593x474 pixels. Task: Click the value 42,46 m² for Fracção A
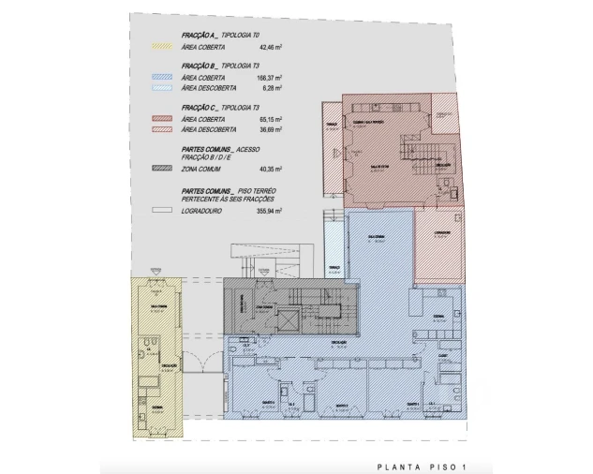270,43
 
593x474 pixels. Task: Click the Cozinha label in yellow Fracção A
157,408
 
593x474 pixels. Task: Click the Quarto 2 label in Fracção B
341,405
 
